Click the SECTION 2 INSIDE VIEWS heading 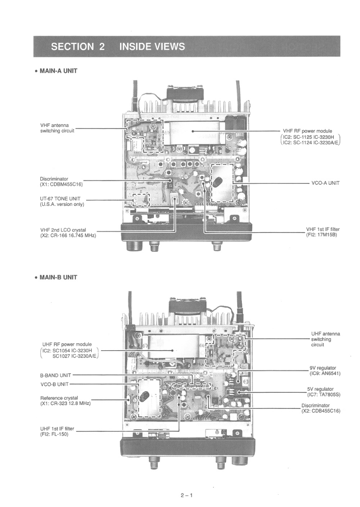click(x=118, y=47)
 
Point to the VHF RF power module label click(x=308, y=131)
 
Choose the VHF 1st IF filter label click(x=322, y=229)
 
